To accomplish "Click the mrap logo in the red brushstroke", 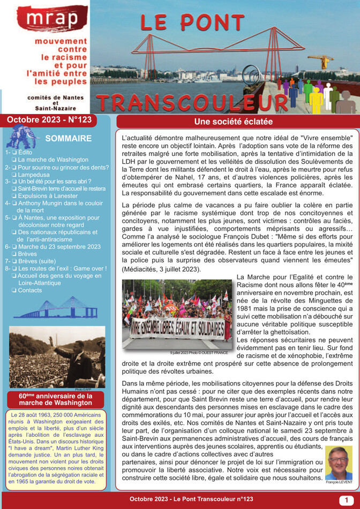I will point(51,19).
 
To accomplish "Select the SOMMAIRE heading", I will point(69,139).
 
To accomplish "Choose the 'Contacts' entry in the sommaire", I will point(29,290).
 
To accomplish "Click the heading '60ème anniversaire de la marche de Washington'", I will point(56,399).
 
